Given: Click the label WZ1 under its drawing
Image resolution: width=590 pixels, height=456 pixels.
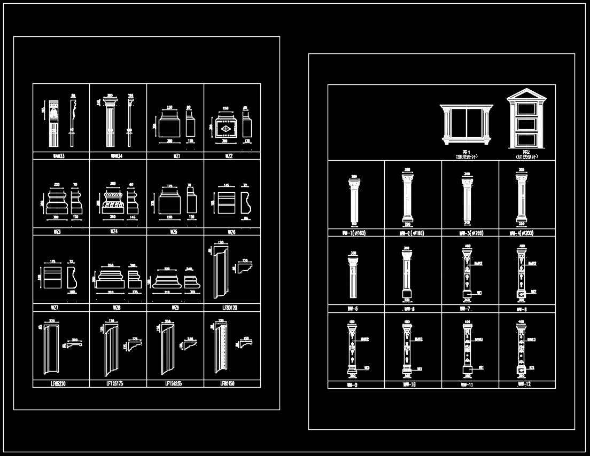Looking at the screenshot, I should pyautogui.click(x=175, y=156).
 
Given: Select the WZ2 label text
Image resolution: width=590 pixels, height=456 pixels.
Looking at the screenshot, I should pyautogui.click(x=229, y=156).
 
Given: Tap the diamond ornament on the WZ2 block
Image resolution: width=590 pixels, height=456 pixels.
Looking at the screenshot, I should pyautogui.click(x=225, y=129).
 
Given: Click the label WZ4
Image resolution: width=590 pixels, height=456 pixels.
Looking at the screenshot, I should pyautogui.click(x=114, y=232).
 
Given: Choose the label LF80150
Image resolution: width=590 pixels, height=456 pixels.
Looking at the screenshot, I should pyautogui.click(x=228, y=383).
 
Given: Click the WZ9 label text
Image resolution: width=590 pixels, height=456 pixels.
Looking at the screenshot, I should pyautogui.click(x=175, y=308).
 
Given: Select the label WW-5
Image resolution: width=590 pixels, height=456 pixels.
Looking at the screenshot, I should pyautogui.click(x=352, y=309).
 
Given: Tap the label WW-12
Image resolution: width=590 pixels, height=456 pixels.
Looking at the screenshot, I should pyautogui.click(x=524, y=384).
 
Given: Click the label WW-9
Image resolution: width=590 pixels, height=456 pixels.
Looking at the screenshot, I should pyautogui.click(x=352, y=384).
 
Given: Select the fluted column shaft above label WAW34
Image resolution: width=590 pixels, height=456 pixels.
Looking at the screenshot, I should pyautogui.click(x=111, y=124).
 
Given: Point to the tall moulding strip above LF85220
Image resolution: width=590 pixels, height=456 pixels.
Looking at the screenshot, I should pyautogui.click(x=50, y=350).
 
